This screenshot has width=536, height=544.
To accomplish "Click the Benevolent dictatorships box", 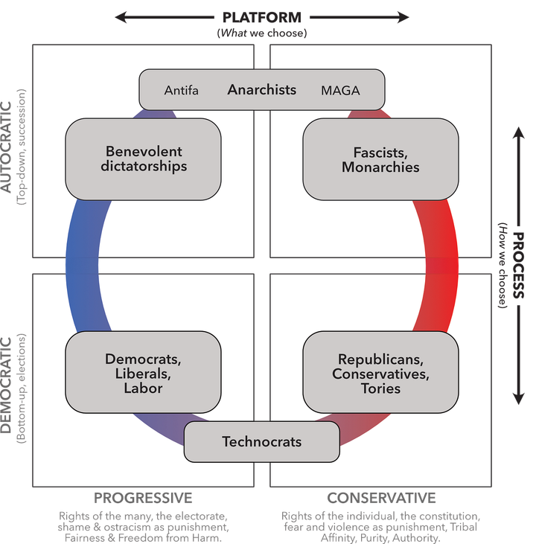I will tap(144, 159).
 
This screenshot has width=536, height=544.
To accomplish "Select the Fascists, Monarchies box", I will tap(380, 159).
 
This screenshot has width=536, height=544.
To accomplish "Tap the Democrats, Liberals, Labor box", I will tap(144, 373).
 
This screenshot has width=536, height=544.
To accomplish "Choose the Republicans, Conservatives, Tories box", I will tap(380, 373).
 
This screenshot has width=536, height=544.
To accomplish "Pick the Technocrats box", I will tap(262, 441).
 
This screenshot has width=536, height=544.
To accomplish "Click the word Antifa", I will tap(182, 91).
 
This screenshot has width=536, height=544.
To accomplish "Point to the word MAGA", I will tap(340, 91).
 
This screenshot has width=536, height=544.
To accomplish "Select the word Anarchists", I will tap(262, 90).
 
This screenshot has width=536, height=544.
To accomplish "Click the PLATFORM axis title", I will tap(262, 17).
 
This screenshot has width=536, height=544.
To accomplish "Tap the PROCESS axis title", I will tap(519, 266).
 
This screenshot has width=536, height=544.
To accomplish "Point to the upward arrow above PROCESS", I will tap(519, 167).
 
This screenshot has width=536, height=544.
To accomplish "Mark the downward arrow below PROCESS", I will tap(519, 365).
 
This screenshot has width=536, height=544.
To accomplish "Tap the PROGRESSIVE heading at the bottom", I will tap(143, 497).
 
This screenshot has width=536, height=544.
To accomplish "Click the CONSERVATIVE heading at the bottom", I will tap(381, 497).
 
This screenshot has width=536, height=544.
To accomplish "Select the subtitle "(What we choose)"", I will tap(262, 33).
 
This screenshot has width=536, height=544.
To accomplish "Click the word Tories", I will tap(380, 388).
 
